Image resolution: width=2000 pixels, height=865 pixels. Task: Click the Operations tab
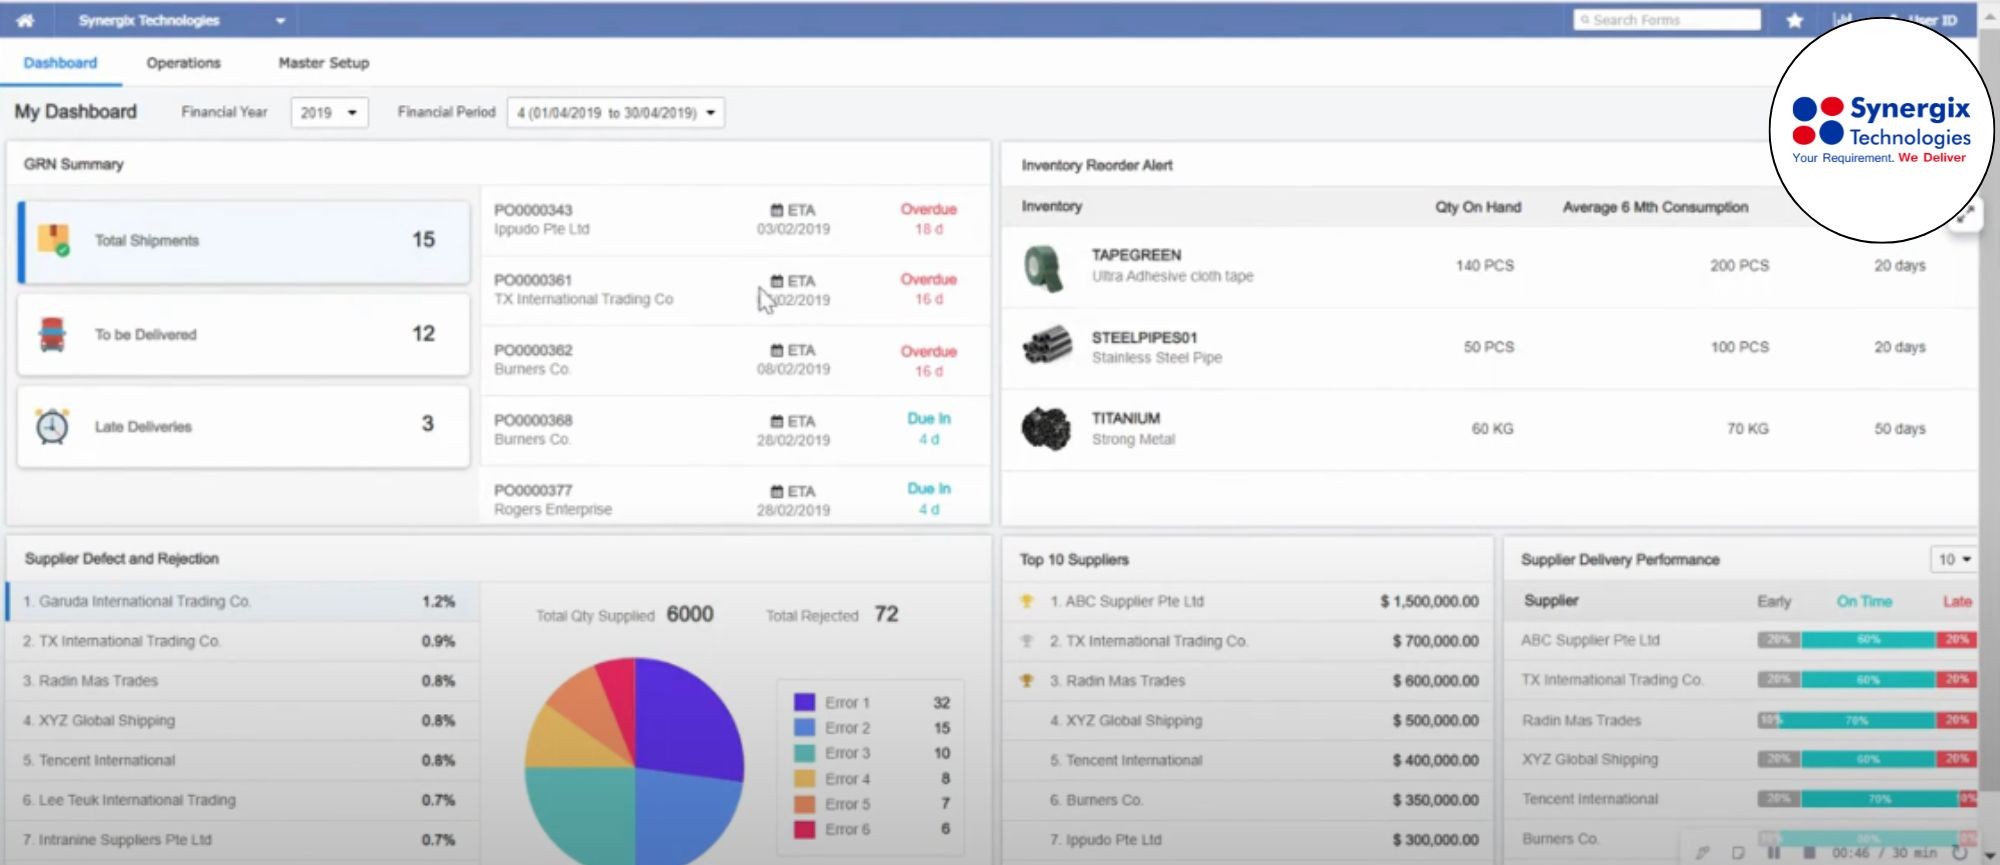point(183,63)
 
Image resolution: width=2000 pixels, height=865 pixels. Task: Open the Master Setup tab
point(323,63)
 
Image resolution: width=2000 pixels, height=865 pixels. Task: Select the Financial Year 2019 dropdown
point(329,113)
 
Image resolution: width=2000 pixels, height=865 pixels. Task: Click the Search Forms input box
point(1666,20)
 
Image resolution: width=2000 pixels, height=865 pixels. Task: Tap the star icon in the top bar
point(1795,20)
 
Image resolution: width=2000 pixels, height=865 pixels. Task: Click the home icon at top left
point(25,20)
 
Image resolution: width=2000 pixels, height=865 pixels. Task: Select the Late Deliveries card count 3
point(427,424)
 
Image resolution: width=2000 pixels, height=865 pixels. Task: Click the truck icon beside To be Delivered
point(52,334)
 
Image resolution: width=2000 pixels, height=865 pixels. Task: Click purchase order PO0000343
point(533,210)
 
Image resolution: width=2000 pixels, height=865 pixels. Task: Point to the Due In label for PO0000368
point(928,419)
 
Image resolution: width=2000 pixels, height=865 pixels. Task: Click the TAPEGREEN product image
point(1045,268)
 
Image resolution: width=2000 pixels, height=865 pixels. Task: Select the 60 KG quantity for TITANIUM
point(1491,429)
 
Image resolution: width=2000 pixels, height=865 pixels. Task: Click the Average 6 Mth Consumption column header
point(1655,207)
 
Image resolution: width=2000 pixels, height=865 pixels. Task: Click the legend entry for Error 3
point(846,753)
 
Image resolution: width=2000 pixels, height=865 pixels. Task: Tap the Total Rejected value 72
point(886,614)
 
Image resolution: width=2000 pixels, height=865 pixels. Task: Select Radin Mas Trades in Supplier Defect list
point(98,681)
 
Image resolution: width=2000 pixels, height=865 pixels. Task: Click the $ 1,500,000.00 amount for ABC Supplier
point(1429,601)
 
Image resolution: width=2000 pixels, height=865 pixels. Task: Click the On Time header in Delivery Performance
point(1864,601)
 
